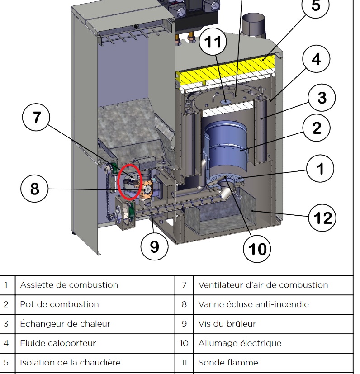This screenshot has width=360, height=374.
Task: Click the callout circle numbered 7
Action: click(36, 118)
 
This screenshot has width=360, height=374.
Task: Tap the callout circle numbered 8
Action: click(35, 189)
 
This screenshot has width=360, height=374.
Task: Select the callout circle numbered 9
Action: click(154, 247)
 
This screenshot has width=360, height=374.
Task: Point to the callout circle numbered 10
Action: click(257, 248)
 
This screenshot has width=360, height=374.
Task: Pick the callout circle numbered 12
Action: click(323, 218)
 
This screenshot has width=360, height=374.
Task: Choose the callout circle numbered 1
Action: click(320, 169)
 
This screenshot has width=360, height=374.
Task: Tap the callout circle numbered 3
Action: click(322, 98)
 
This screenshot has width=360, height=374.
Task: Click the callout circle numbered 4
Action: click(317, 59)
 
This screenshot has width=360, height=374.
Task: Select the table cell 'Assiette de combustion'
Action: click(69, 285)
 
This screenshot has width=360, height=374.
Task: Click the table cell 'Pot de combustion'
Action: click(59, 304)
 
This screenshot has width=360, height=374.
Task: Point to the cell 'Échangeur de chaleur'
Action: click(65, 324)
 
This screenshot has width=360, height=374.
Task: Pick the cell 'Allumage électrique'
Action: click(240, 343)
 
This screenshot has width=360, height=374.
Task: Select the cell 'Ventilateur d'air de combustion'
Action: click(263, 285)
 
